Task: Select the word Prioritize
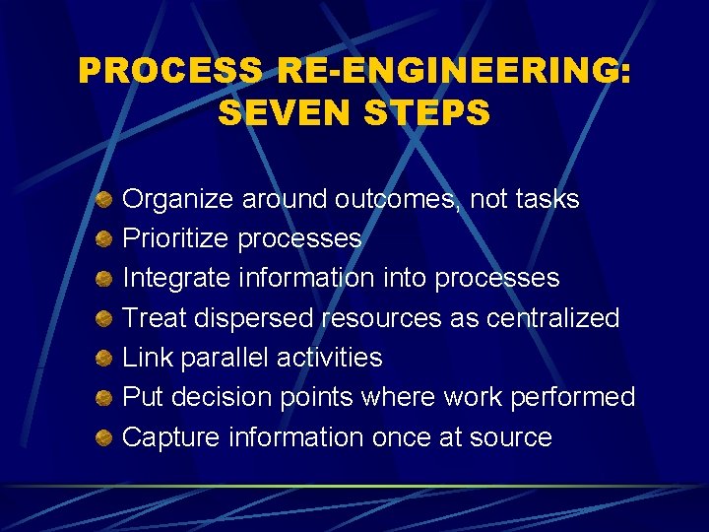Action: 176,239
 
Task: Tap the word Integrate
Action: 176,279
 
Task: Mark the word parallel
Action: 222,358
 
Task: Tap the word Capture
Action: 170,436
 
